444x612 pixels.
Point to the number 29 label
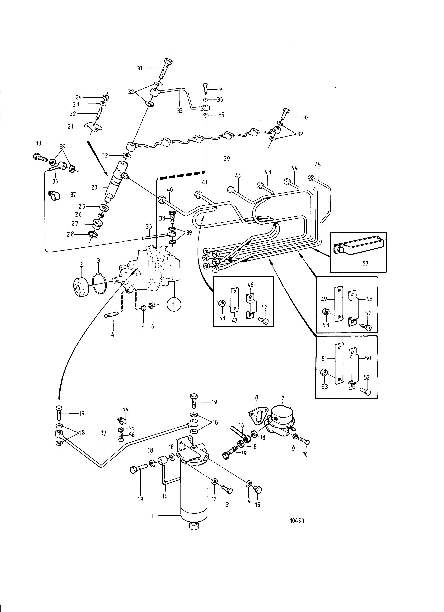coord(226,158)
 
